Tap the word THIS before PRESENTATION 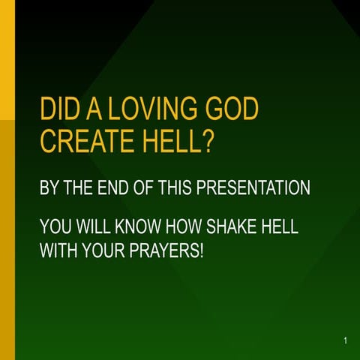coord(174,187)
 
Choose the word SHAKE coord(232,227)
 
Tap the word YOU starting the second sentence coord(55,227)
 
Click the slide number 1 coord(345,341)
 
